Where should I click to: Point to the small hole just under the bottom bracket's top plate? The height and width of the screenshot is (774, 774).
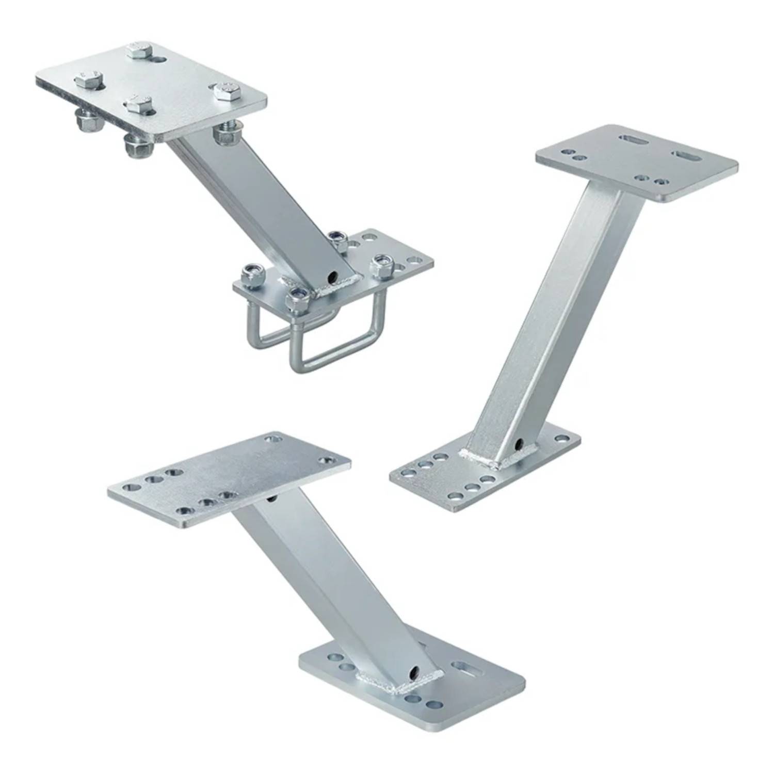pyautogui.click(x=270, y=499)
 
